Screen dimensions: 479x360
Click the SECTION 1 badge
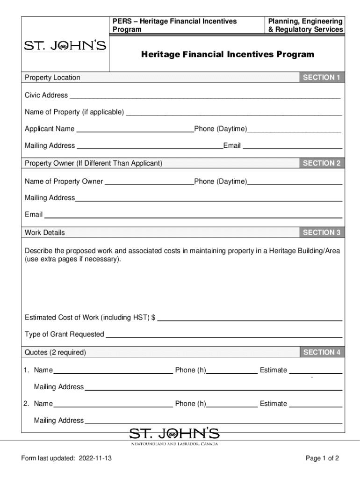coord(322,78)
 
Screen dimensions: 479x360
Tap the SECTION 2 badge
coord(322,163)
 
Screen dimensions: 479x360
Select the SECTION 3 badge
coord(322,232)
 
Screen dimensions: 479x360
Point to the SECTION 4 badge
coord(322,352)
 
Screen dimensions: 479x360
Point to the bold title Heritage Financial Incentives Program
coord(228,55)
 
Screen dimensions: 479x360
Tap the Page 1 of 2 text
coord(322,458)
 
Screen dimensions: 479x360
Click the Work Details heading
coord(45,232)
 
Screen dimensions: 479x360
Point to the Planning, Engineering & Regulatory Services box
coord(305,26)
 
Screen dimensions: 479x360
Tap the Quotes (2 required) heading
coord(55,352)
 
